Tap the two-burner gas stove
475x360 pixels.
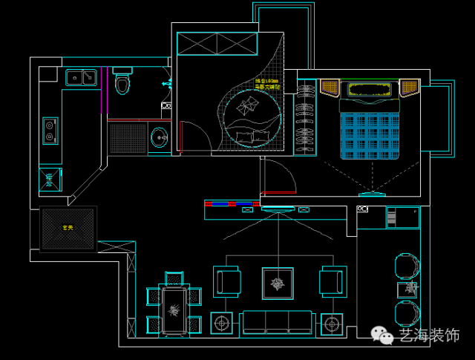click(50, 131)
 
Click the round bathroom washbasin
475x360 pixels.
click(159, 137)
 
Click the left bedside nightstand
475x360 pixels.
click(330, 88)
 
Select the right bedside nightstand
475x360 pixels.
click(410, 88)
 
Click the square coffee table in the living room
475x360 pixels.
click(278, 284)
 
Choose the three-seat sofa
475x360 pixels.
click(276, 321)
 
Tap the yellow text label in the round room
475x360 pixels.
click(267, 84)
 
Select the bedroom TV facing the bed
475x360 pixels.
click(372, 195)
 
